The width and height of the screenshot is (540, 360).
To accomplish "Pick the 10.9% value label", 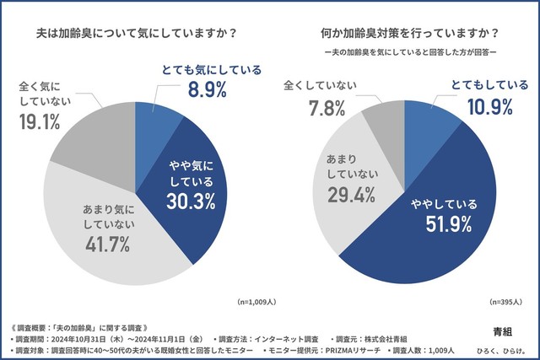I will click(x=490, y=108).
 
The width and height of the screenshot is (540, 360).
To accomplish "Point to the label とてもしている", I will click(x=491, y=85).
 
